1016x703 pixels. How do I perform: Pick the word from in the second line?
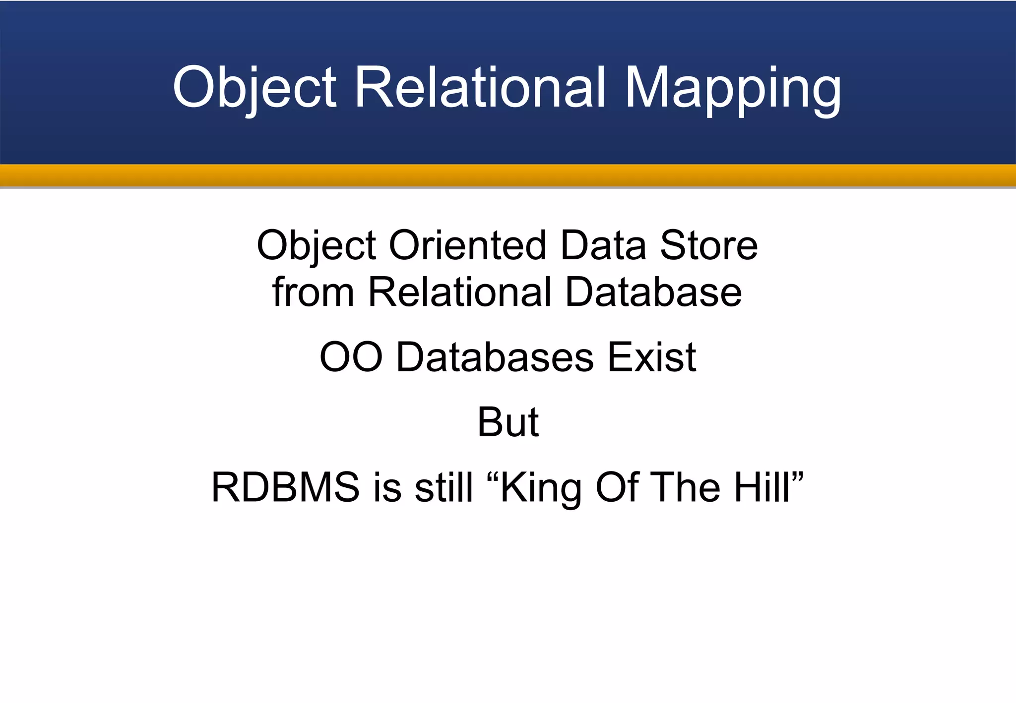(x=313, y=292)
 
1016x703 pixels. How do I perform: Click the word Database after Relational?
(x=653, y=292)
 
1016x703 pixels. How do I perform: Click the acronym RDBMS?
(x=285, y=487)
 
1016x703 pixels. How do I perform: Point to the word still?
(x=444, y=487)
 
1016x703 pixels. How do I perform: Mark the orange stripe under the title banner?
(x=508, y=175)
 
